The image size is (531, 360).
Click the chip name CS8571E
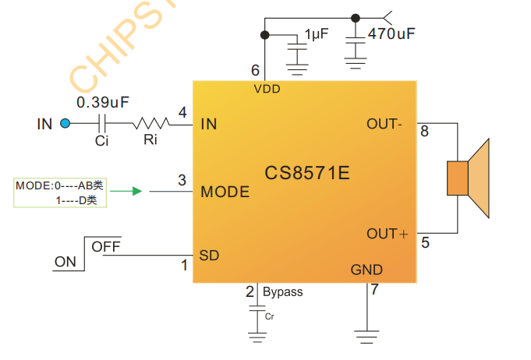tap(306, 173)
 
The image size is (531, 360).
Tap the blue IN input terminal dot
tap(65, 123)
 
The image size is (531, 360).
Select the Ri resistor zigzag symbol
tap(150, 123)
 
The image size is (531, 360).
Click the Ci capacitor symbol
tap(102, 123)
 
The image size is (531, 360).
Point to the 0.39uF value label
tap(102, 102)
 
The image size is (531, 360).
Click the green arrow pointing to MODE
tap(136, 191)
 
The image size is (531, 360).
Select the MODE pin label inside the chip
tap(225, 192)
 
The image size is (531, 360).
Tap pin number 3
tap(182, 181)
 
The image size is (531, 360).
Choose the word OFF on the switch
tap(106, 247)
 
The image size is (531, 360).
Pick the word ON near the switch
tap(65, 262)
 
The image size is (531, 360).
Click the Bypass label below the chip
tap(282, 292)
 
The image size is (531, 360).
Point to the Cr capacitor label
tap(270, 317)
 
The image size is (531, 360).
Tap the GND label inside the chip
tap(366, 270)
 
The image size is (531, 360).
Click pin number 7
tap(374, 291)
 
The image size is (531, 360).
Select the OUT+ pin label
tap(388, 234)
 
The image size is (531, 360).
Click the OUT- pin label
tap(384, 124)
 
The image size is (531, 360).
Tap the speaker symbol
tap(468, 178)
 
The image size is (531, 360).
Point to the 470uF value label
tap(391, 34)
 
